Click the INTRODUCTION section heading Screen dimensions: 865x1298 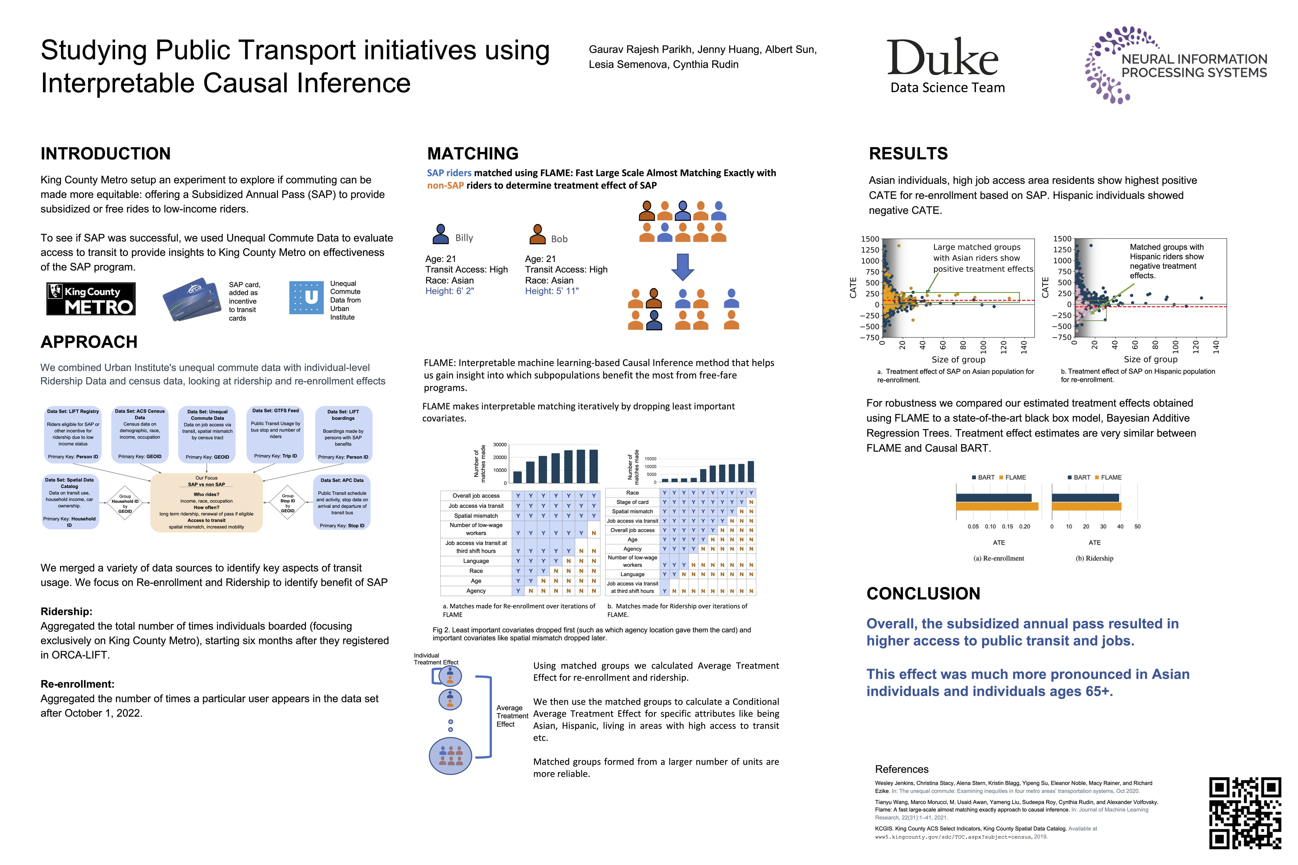coord(105,153)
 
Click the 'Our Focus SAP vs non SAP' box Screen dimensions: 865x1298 coord(206,502)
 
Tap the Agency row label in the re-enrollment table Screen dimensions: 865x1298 coord(476,591)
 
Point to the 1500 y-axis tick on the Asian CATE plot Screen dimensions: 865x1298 coord(870,239)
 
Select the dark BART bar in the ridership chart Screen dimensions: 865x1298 coord(1085,498)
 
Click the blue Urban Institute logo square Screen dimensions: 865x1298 coord(306,298)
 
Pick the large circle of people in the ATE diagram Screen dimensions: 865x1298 coord(450,756)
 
